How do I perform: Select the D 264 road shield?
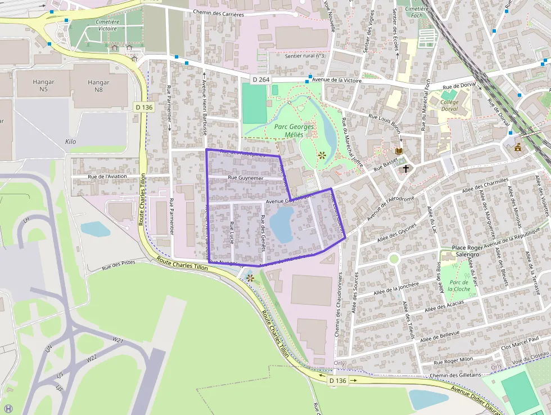click(261, 80)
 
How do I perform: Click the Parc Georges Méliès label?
click(289, 131)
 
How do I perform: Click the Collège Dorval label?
click(450, 106)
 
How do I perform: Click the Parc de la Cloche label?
click(460, 285)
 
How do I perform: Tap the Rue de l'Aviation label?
click(107, 176)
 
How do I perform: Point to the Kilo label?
click(71, 142)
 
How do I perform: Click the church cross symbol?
click(406, 168)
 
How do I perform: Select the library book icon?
click(399, 151)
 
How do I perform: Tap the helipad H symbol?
click(8, 408)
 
